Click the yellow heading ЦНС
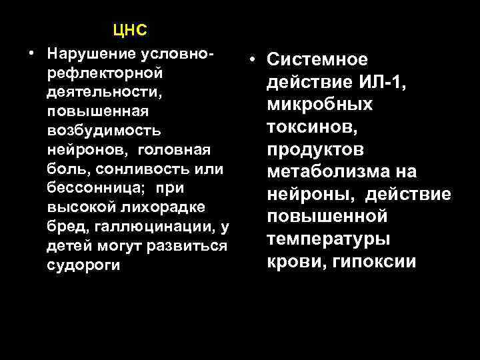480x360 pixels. [129, 30]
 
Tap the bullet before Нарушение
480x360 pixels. [31, 53]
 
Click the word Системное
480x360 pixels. [317, 59]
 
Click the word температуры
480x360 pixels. [329, 239]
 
